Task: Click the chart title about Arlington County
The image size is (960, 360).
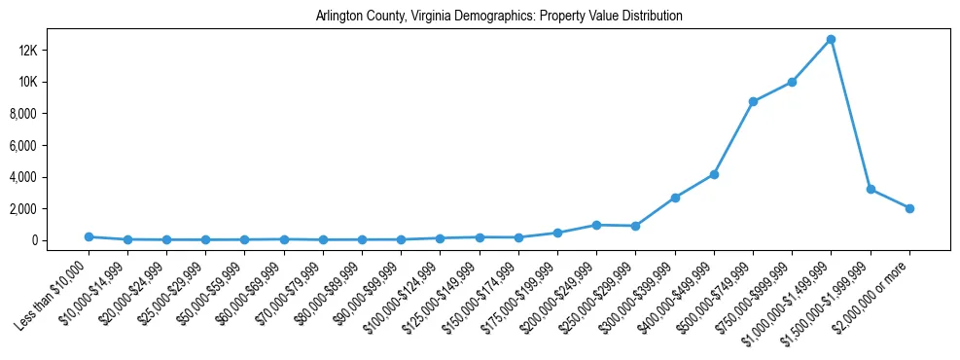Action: click(x=499, y=17)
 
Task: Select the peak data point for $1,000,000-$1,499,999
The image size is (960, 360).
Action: click(x=831, y=40)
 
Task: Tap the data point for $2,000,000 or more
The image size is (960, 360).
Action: click(x=909, y=208)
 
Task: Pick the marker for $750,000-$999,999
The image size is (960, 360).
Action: click(x=792, y=82)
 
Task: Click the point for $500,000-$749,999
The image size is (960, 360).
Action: click(x=753, y=101)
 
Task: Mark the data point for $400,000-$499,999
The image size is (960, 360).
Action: click(x=714, y=174)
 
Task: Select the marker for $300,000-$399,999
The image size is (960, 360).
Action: click(x=675, y=198)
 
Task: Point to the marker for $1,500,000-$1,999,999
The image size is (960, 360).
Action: click(x=871, y=189)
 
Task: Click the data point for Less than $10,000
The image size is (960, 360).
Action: click(x=89, y=236)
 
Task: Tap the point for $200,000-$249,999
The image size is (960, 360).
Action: click(x=596, y=225)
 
